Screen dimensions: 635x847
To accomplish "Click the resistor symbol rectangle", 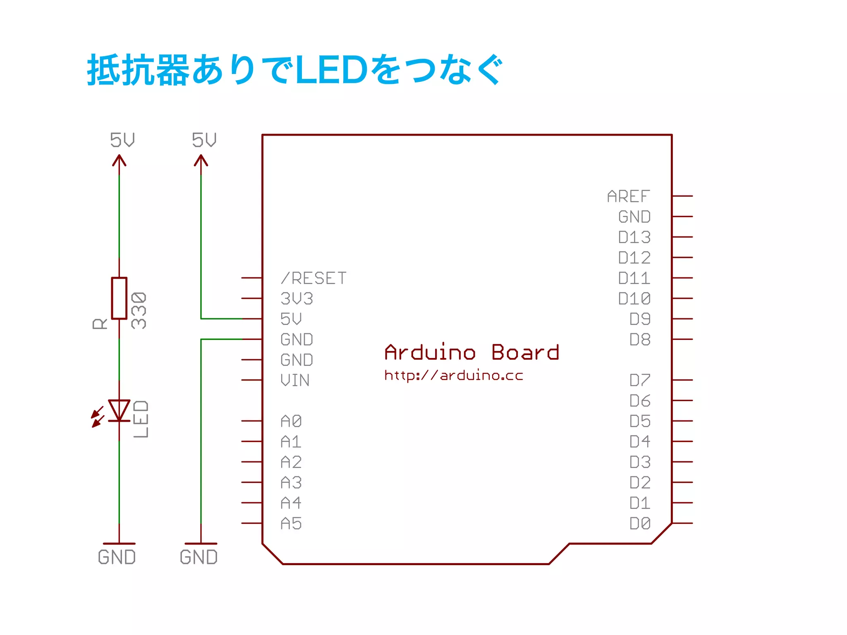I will (x=119, y=298).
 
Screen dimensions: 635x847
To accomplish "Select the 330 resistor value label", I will (x=139, y=310).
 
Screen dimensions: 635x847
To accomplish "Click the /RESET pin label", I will (x=313, y=278).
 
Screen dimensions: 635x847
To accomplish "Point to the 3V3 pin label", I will (x=297, y=298).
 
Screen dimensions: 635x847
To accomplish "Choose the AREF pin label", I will (x=628, y=196).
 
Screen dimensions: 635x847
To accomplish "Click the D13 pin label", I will (x=634, y=237).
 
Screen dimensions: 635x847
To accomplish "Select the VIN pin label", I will (x=295, y=380).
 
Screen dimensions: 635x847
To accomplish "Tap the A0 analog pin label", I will (x=291, y=421).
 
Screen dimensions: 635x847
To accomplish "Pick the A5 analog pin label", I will (x=291, y=524).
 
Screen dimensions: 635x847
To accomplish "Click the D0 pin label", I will (x=640, y=524).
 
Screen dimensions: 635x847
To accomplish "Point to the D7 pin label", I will (x=640, y=380).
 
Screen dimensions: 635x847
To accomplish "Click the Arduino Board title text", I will (x=471, y=353).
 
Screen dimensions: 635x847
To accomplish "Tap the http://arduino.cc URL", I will (x=454, y=375).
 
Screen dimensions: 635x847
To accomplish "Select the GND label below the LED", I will (x=117, y=557).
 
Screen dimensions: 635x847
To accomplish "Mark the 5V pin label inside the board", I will (x=291, y=319).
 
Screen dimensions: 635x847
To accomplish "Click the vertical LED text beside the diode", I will (x=141, y=419).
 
